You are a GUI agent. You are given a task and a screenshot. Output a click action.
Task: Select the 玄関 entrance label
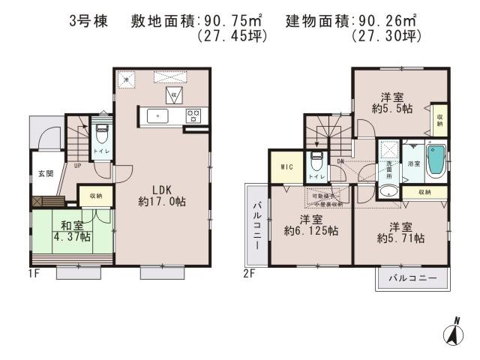(45, 174)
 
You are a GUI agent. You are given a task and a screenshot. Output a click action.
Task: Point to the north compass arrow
(454, 332)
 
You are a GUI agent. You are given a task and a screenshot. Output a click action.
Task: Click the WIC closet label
(286, 167)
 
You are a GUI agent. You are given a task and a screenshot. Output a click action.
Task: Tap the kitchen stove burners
(193, 115)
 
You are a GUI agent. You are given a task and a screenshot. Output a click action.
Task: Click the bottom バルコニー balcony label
(412, 279)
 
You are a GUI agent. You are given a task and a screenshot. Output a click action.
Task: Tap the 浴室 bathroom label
(412, 163)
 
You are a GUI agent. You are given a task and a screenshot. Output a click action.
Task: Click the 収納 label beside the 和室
(95, 196)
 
